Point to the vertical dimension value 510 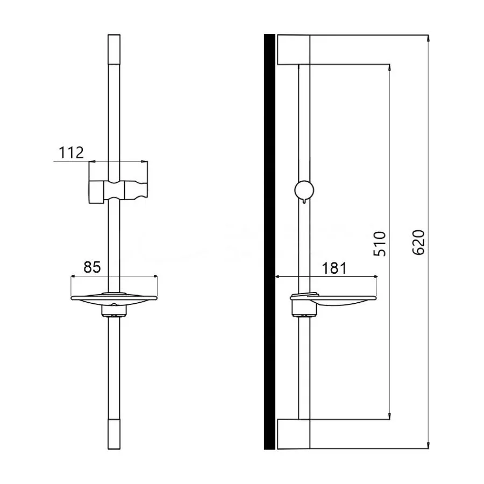380,244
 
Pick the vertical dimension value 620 419,243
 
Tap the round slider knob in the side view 304,190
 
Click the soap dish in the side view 333,302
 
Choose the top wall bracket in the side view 293,49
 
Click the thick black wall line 269,242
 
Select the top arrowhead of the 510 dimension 389,68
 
